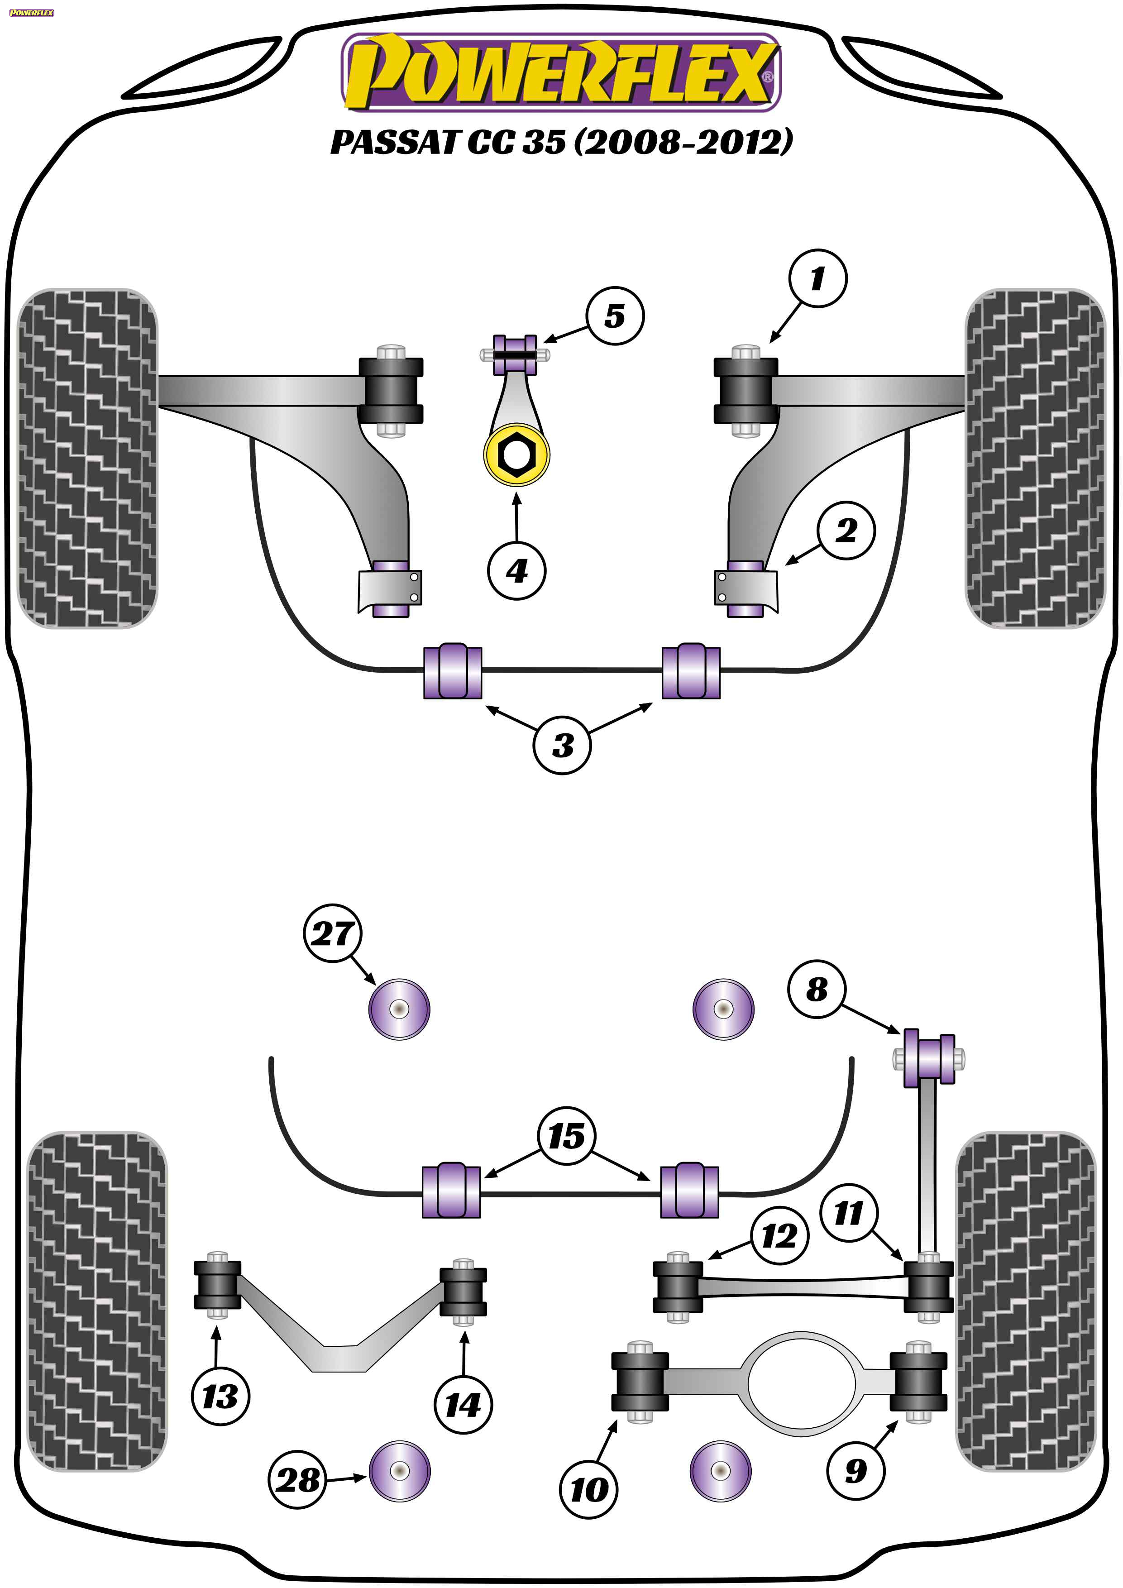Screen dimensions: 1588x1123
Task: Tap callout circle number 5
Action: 615,316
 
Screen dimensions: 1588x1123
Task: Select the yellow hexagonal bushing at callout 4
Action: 516,455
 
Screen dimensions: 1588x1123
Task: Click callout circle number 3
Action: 562,745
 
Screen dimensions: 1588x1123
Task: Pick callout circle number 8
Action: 817,989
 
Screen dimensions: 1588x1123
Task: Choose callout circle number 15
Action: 566,1136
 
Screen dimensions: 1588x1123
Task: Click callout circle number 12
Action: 779,1236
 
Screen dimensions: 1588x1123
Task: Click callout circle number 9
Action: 855,1470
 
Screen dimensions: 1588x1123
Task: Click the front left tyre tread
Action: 87,458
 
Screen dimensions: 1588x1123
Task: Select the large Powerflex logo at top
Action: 561,72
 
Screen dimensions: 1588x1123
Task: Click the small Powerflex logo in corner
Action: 31,13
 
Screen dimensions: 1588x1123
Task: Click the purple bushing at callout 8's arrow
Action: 929,1060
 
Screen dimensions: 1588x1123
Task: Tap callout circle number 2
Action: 846,531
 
